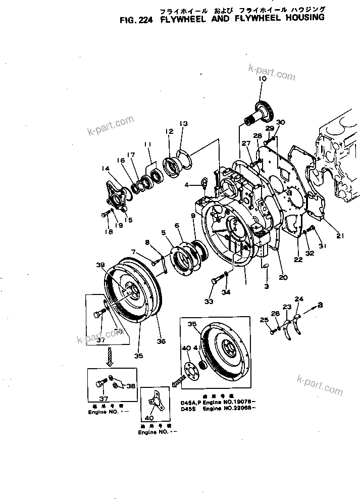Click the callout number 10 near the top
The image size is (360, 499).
click(x=262, y=79)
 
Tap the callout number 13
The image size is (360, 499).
click(x=183, y=124)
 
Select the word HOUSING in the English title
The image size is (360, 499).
click(x=298, y=17)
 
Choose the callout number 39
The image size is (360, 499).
click(x=100, y=265)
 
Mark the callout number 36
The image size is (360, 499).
click(x=161, y=341)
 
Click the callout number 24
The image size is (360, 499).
click(x=298, y=300)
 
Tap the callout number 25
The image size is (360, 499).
click(x=263, y=320)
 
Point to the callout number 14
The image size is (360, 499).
click(x=105, y=169)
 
